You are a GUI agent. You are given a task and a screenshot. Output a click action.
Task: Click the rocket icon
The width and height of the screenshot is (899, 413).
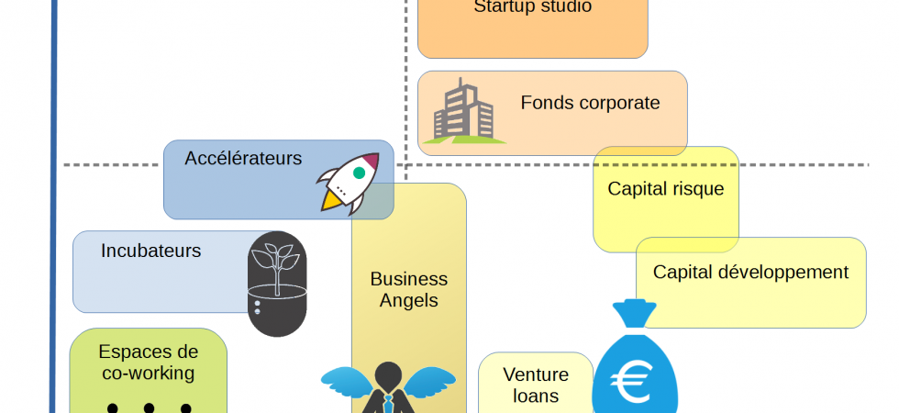[x=348, y=182]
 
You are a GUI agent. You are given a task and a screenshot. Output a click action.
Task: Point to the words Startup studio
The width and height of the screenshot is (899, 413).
[x=532, y=7]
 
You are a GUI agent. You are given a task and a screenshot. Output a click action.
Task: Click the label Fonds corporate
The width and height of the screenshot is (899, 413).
[x=590, y=103]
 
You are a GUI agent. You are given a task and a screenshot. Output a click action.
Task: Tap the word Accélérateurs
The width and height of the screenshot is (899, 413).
[x=243, y=158]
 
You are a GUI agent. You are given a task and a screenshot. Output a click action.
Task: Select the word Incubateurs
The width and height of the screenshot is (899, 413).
[x=150, y=250]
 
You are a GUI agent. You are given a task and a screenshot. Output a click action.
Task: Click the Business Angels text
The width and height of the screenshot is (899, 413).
[x=409, y=289]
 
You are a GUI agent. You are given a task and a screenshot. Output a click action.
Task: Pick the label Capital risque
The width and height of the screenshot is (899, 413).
[x=665, y=189]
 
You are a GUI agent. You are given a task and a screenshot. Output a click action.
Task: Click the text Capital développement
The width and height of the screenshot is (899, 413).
[x=750, y=272]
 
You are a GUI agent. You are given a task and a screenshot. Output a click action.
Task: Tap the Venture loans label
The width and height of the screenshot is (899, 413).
[x=536, y=385]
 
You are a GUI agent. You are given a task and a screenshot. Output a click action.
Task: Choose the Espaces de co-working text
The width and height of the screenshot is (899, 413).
[x=148, y=362]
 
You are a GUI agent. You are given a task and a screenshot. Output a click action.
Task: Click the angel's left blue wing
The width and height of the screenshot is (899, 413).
[x=346, y=381]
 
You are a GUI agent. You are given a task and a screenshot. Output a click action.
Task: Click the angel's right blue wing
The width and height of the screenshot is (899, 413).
[x=429, y=380]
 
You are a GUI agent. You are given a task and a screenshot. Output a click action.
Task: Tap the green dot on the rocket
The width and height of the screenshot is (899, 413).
[x=360, y=172]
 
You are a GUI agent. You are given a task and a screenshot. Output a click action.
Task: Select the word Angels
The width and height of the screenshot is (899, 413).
[x=409, y=300]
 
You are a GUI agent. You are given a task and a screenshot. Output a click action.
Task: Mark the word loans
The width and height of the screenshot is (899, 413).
[x=536, y=396]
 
